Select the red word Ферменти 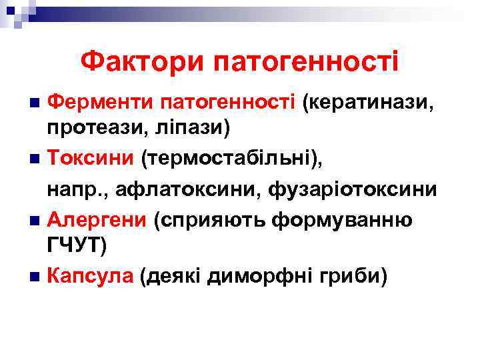point(100,103)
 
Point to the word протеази point(92,130)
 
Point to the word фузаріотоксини point(353,191)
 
